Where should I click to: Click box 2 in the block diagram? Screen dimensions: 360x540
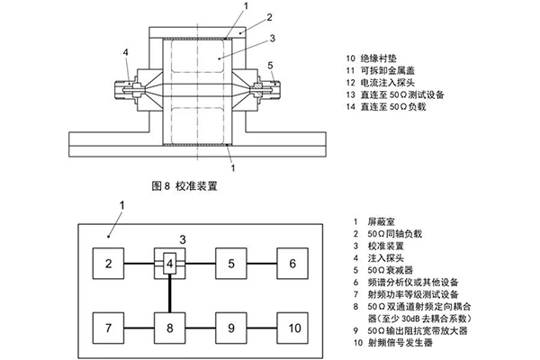click(x=107, y=264)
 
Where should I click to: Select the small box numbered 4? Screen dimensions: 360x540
click(x=168, y=264)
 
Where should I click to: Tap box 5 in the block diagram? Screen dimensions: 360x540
click(x=230, y=264)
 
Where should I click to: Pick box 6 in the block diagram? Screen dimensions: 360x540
click(x=292, y=264)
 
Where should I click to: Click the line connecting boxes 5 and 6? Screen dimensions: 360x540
click(x=261, y=264)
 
